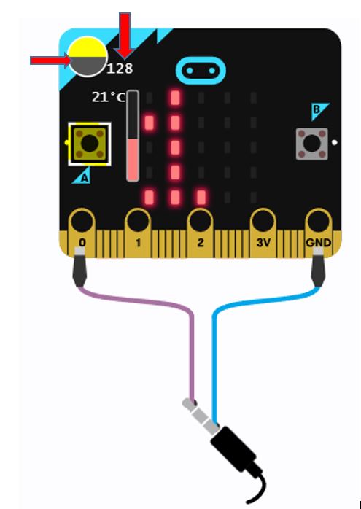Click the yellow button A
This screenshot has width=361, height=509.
[89, 144]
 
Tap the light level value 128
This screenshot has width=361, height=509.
[120, 69]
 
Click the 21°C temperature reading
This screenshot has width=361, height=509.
[108, 97]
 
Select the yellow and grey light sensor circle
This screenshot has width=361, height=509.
[88, 56]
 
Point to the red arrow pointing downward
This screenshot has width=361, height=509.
[125, 36]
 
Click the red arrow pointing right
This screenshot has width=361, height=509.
[50, 61]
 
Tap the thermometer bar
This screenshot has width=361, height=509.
[133, 136]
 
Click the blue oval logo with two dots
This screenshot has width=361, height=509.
[201, 71]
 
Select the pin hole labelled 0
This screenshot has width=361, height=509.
[82, 222]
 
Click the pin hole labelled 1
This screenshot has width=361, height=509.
[138, 222]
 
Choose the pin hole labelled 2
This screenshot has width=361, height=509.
[200, 222]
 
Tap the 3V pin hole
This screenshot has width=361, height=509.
[263, 222]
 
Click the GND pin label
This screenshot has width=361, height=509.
[319, 243]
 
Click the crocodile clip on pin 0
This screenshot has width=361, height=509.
[80, 267]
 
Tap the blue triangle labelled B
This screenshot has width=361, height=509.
[319, 111]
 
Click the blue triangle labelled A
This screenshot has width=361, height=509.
[82, 176]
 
